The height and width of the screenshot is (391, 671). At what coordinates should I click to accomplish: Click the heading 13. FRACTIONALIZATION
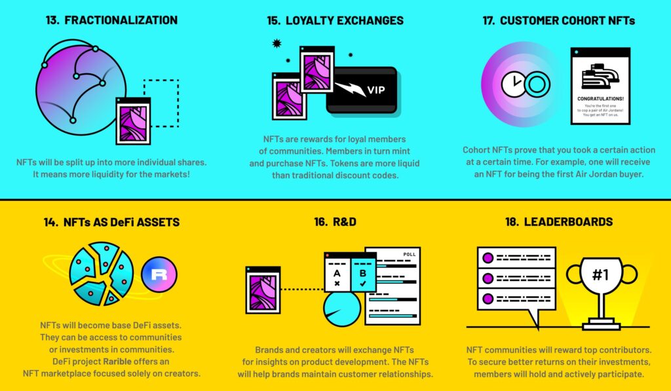[x=111, y=20]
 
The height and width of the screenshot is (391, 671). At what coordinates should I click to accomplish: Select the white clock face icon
[x=513, y=84]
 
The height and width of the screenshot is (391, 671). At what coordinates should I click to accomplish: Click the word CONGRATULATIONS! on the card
[x=600, y=98]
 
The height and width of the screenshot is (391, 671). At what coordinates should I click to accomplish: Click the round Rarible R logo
[x=159, y=274]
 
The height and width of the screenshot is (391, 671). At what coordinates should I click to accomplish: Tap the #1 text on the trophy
[x=600, y=274]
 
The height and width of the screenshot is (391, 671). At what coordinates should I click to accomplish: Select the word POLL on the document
[x=410, y=254]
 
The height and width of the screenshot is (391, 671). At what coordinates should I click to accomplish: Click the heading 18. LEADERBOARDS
[x=559, y=221]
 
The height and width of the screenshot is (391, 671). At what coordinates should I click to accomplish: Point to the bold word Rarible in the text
[x=117, y=362]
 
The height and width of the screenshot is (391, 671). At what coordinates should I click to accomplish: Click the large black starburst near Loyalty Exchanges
[x=277, y=43]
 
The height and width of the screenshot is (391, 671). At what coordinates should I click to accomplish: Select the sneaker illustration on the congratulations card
[x=600, y=76]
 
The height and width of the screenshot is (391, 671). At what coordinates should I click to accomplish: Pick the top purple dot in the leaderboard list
[x=488, y=258]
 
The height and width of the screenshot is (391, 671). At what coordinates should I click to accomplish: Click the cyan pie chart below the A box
[x=341, y=308]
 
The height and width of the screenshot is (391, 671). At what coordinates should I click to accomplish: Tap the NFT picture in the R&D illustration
[x=263, y=290]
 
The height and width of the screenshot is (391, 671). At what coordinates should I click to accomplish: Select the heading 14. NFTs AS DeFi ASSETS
[x=111, y=222]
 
